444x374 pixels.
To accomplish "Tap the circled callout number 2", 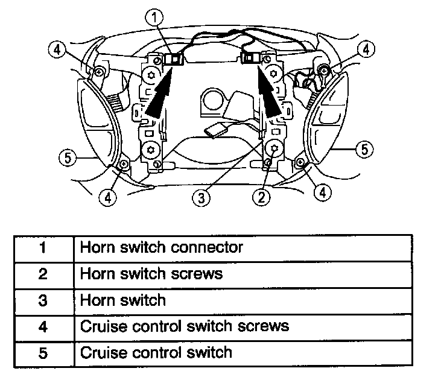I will click(x=261, y=195).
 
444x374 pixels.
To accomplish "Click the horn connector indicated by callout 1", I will click(x=175, y=59).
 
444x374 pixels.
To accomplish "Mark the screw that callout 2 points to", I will click(x=275, y=147).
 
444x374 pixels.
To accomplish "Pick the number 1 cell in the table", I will click(x=42, y=247).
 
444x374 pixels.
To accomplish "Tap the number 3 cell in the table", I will click(x=42, y=300).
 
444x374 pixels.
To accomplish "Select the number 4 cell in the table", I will click(x=42, y=326).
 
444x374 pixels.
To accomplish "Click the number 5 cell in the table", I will click(x=42, y=352).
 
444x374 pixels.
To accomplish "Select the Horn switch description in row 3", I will click(x=122, y=300).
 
